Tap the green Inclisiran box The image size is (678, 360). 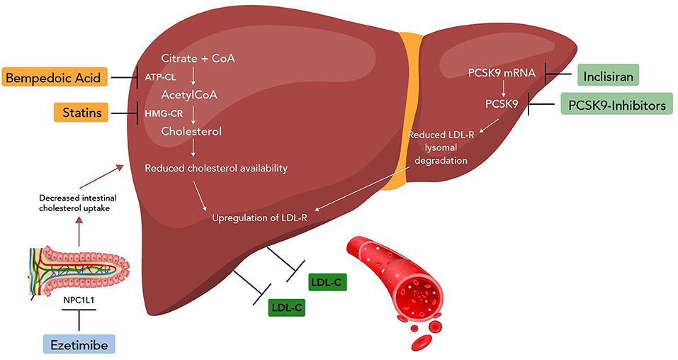click(609, 75)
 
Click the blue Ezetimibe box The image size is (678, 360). click(78, 344)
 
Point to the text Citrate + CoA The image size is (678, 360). click(196, 58)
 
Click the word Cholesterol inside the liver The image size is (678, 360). click(191, 131)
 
